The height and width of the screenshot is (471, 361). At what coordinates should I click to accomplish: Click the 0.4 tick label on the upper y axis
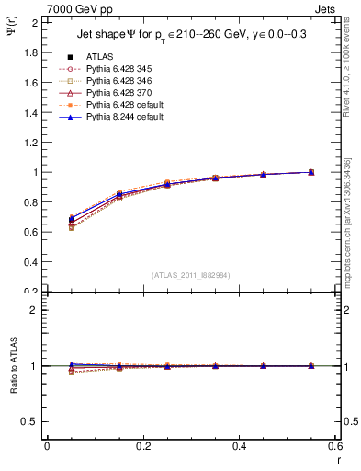coord(31,262)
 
